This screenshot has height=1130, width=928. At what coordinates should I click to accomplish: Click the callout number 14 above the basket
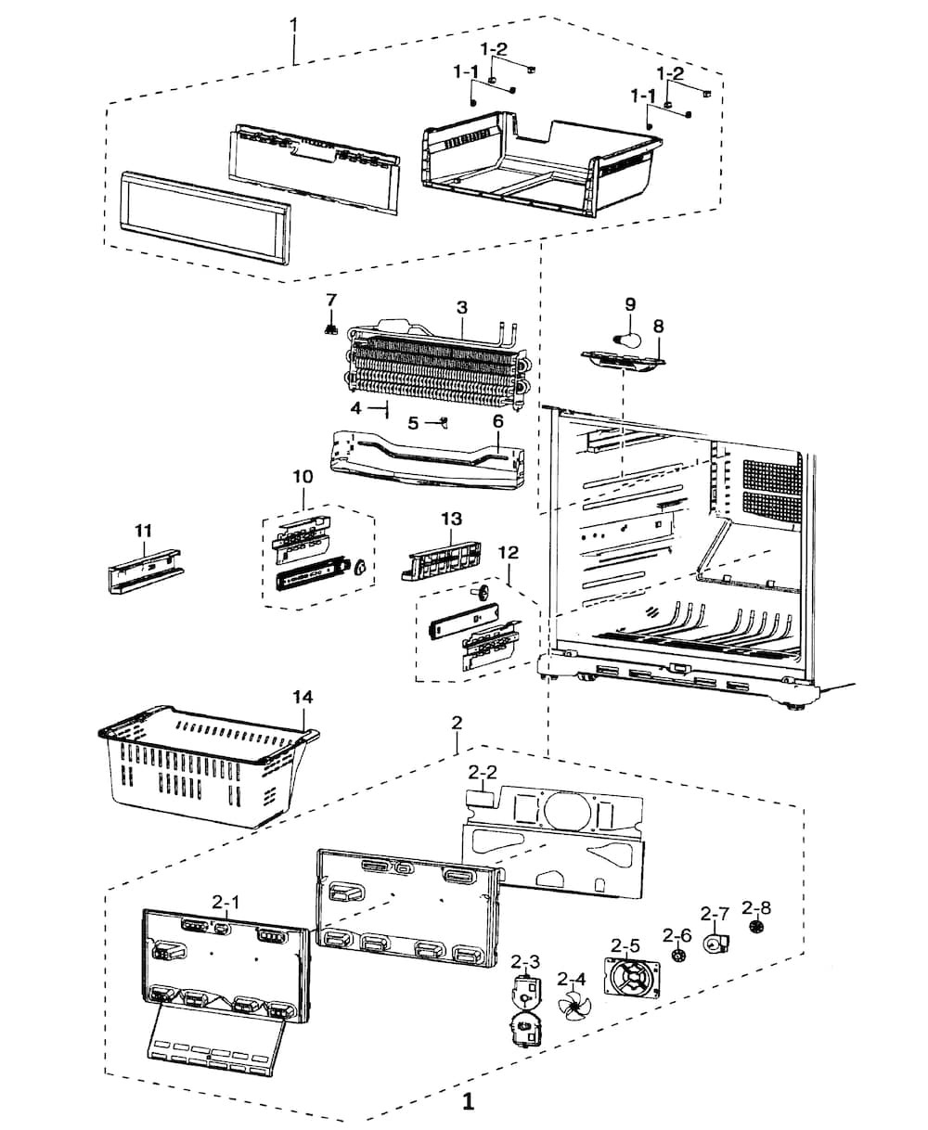click(x=303, y=696)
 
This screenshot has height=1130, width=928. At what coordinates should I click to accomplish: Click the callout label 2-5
click(x=625, y=946)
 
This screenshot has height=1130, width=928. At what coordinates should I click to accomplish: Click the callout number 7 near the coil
click(x=330, y=300)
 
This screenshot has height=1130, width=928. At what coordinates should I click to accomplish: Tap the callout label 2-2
click(x=483, y=771)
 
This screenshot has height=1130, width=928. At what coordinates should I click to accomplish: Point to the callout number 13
click(x=451, y=518)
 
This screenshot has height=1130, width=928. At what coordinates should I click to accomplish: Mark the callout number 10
click(x=303, y=476)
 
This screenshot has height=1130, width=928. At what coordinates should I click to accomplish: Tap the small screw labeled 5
click(x=444, y=423)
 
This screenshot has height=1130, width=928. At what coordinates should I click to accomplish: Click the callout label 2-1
click(x=226, y=901)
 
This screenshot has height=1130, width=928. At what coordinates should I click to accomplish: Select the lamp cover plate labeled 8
click(x=622, y=359)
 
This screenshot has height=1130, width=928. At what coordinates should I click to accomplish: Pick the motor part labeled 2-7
click(x=715, y=944)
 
